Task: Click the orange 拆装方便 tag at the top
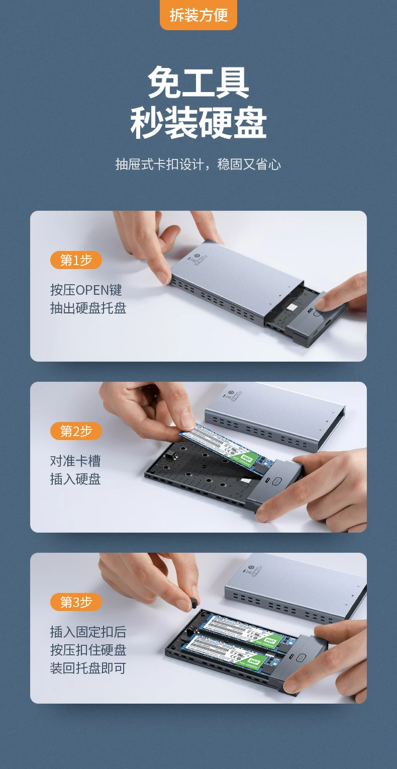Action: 198,15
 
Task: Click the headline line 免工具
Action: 198,83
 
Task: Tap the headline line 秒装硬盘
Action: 198,123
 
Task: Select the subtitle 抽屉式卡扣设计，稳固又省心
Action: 198,164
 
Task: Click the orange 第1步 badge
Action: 76,260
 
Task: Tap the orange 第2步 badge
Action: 76,431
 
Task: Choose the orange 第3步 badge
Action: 76,602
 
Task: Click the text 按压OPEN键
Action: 86,290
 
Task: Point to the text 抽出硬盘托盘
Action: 88,308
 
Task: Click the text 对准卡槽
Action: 75,461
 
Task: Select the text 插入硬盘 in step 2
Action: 75,479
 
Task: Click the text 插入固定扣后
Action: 88,632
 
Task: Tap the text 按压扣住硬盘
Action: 88,650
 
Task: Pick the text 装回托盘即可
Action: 88,668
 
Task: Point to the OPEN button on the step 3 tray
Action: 301,657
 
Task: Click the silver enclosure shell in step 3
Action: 296,586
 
